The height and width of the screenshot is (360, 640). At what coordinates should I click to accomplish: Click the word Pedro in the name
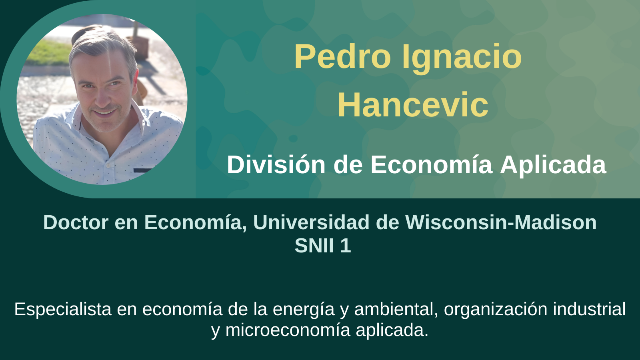pyautogui.click(x=342, y=56)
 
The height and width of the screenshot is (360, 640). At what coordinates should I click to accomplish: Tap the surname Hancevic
pyautogui.click(x=413, y=104)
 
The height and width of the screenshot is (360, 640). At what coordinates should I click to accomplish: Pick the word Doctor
pyautogui.click(x=76, y=222)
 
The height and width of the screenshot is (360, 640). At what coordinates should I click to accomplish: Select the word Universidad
pyautogui.click(x=312, y=222)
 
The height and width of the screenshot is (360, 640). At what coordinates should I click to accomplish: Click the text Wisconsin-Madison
pyautogui.click(x=501, y=222)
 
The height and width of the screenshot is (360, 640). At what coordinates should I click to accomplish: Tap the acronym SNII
pyautogui.click(x=314, y=246)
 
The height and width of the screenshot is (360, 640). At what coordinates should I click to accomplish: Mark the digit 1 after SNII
pyautogui.click(x=346, y=246)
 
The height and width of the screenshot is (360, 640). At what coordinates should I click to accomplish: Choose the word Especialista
pyautogui.click(x=63, y=309)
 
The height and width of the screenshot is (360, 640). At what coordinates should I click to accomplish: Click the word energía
pyautogui.click(x=304, y=310)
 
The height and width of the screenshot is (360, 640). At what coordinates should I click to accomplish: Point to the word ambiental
pyautogui.click(x=396, y=309)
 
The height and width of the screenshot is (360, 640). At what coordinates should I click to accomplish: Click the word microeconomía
pyautogui.click(x=288, y=330)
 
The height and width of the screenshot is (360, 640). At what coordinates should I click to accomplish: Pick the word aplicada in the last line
pyautogui.click(x=392, y=331)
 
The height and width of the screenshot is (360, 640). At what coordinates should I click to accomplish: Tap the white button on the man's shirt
pyautogui.click(x=108, y=166)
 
